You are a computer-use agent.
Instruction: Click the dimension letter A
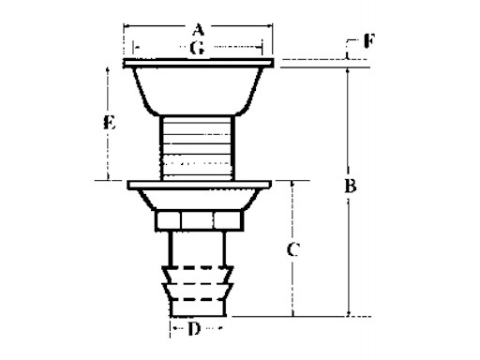198,29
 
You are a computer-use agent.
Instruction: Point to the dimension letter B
350,187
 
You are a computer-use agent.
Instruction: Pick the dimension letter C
292,249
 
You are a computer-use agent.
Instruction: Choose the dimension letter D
195,330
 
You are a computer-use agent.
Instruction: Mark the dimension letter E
110,122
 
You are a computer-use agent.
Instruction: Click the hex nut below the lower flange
198,219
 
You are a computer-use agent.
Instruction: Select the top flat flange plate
198,64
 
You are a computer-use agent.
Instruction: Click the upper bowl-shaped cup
198,89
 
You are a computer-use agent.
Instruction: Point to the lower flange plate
198,184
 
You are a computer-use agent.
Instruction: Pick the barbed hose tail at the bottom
198,291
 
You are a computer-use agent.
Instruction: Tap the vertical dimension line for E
110,155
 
